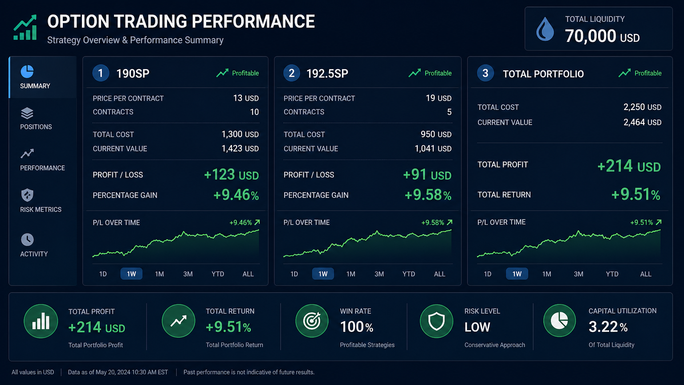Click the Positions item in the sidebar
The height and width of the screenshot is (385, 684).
[x=36, y=119]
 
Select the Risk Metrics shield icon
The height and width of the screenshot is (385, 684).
[x=27, y=195]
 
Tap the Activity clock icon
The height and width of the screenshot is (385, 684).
[x=27, y=239]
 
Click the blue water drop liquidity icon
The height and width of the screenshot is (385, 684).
[x=545, y=29]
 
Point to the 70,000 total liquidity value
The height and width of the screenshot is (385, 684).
[x=590, y=36]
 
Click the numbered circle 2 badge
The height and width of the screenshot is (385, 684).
[x=292, y=73]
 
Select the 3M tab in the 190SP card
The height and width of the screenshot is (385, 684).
[x=188, y=274]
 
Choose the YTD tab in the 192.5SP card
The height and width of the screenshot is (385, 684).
[x=408, y=274]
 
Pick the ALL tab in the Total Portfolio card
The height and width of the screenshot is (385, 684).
[x=646, y=274]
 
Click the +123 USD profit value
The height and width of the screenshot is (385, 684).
[x=231, y=175]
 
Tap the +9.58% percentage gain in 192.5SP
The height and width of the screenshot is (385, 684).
[x=427, y=195]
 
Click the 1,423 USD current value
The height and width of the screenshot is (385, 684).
[x=240, y=148]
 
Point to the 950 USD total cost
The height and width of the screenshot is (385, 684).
[x=436, y=134]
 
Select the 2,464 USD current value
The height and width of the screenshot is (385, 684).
[x=642, y=122]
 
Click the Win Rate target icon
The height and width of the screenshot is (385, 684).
[x=312, y=321]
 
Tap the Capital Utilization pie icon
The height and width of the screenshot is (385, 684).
[x=560, y=321]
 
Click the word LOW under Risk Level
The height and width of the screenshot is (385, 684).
[x=477, y=327]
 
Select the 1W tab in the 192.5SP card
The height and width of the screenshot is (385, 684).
[x=323, y=274]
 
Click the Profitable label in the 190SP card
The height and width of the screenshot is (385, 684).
[x=245, y=73]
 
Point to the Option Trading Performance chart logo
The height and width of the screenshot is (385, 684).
[x=25, y=28]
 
